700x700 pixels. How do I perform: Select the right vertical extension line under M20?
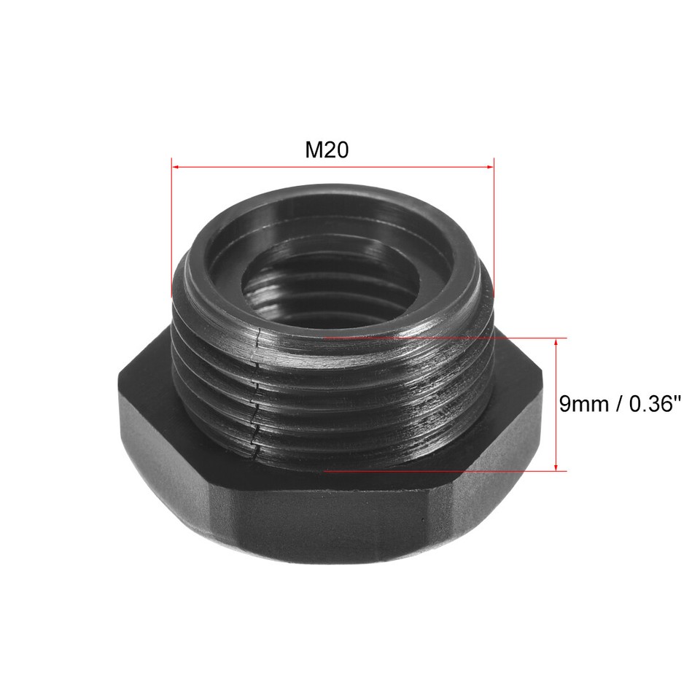[494, 226]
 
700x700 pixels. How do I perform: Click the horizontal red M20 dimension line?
[332, 166]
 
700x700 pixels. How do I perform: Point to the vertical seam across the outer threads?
[254, 394]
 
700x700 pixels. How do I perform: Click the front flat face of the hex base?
[328, 525]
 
